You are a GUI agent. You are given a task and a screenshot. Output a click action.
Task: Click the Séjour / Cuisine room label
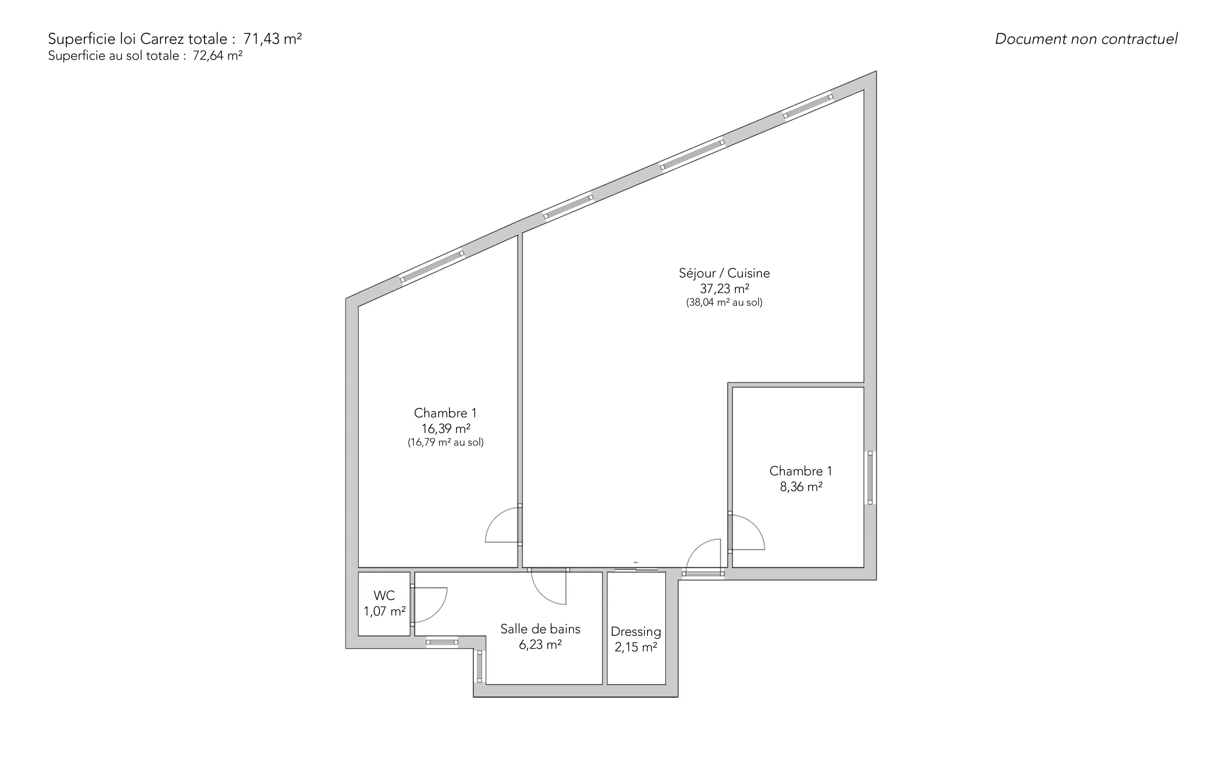pyautogui.click(x=724, y=273)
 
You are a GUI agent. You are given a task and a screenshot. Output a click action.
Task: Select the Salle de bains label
pyautogui.click(x=541, y=629)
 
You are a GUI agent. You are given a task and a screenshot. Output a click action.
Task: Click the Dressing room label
pyautogui.click(x=636, y=632)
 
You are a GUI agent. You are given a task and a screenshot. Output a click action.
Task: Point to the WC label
pyautogui.click(x=384, y=595)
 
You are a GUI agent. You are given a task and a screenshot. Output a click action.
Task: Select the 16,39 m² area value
pyautogui.click(x=445, y=429)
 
